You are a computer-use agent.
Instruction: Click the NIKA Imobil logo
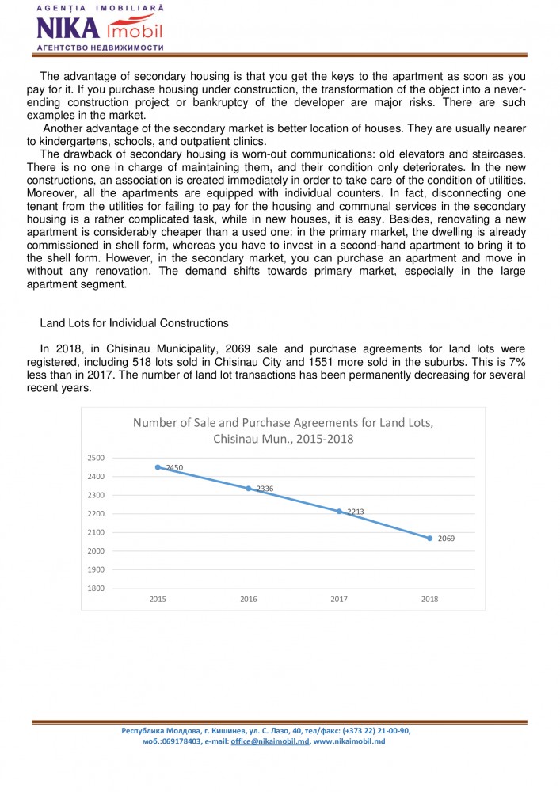tap(99, 29)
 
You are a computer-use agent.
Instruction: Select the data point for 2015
tap(158, 467)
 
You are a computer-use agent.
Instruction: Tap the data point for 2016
tap(249, 489)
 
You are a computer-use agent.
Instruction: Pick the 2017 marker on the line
tap(339, 512)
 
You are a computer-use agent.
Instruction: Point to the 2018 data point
tap(430, 538)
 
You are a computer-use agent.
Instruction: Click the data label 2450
tap(174, 468)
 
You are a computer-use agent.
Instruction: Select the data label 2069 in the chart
tap(447, 539)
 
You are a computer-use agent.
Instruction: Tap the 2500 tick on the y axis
tap(95, 458)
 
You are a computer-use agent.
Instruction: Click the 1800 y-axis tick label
tap(95, 588)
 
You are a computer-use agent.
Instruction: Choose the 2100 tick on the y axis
tap(95, 532)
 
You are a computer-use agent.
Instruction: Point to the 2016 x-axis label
tap(249, 600)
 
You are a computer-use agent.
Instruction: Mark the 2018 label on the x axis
tap(430, 600)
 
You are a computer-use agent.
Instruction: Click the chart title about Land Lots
tap(283, 430)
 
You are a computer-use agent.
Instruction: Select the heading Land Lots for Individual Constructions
tap(134, 323)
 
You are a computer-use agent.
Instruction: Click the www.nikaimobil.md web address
tap(349, 741)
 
